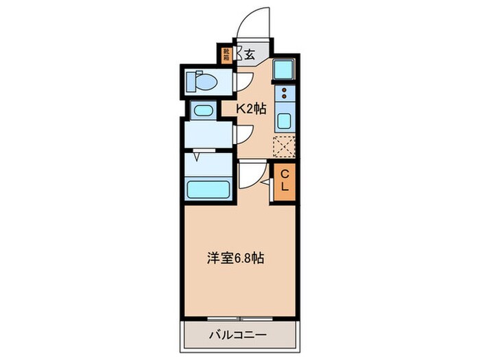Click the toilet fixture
[x=203, y=82]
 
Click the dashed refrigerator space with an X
[x=284, y=147]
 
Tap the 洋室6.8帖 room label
[x=236, y=259]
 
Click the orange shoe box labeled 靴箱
[x=226, y=53]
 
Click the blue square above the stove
[x=284, y=69]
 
